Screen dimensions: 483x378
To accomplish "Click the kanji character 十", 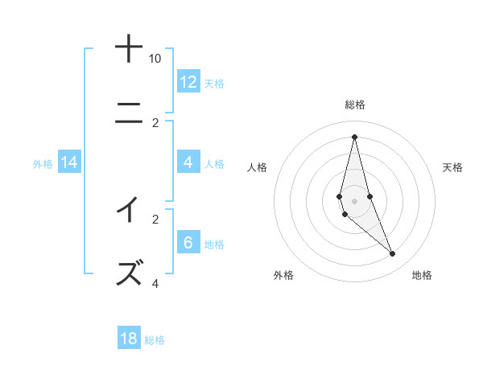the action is tap(129, 49).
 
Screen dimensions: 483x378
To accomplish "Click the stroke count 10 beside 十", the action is tap(155, 59).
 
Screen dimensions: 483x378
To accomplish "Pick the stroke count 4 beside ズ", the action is tap(155, 283).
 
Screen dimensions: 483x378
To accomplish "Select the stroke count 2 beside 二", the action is tap(155, 123).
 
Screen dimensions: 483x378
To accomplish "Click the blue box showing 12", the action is tap(188, 81).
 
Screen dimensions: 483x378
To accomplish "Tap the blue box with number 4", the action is tap(188, 162).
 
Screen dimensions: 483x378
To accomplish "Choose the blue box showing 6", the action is tap(188, 243).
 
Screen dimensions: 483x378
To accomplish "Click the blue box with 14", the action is tap(69, 162).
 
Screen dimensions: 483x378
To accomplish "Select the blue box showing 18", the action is tap(129, 339).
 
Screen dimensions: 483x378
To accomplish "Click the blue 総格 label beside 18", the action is tap(155, 340).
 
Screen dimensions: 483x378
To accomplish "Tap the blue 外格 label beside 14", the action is tap(43, 164).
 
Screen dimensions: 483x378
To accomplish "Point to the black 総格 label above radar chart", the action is tap(355, 105).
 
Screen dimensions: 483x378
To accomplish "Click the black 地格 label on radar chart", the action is tap(422, 275).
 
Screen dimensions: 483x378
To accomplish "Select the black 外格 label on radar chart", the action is tap(283, 275).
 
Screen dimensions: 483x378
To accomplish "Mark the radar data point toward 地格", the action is tap(393, 254).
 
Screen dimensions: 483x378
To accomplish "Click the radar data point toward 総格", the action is tap(355, 136).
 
